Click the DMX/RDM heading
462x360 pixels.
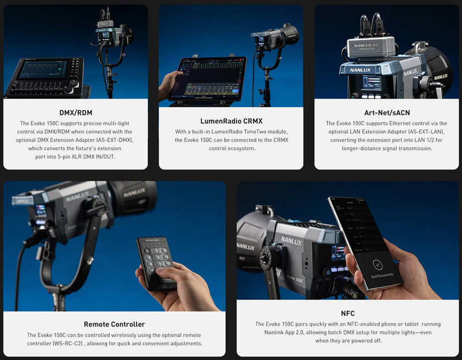coord(76,112)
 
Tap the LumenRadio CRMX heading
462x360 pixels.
coord(232,121)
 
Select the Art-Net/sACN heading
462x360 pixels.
coord(387,112)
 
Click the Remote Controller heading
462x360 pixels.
coord(114,324)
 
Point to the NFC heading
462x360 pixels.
coord(348,313)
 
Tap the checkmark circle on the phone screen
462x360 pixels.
coord(378,265)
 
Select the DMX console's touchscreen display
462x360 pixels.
coord(44,69)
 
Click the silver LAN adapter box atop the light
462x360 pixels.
coord(371,47)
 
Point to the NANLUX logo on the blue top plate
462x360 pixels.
coord(360,70)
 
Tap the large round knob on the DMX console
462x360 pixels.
coord(69,89)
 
